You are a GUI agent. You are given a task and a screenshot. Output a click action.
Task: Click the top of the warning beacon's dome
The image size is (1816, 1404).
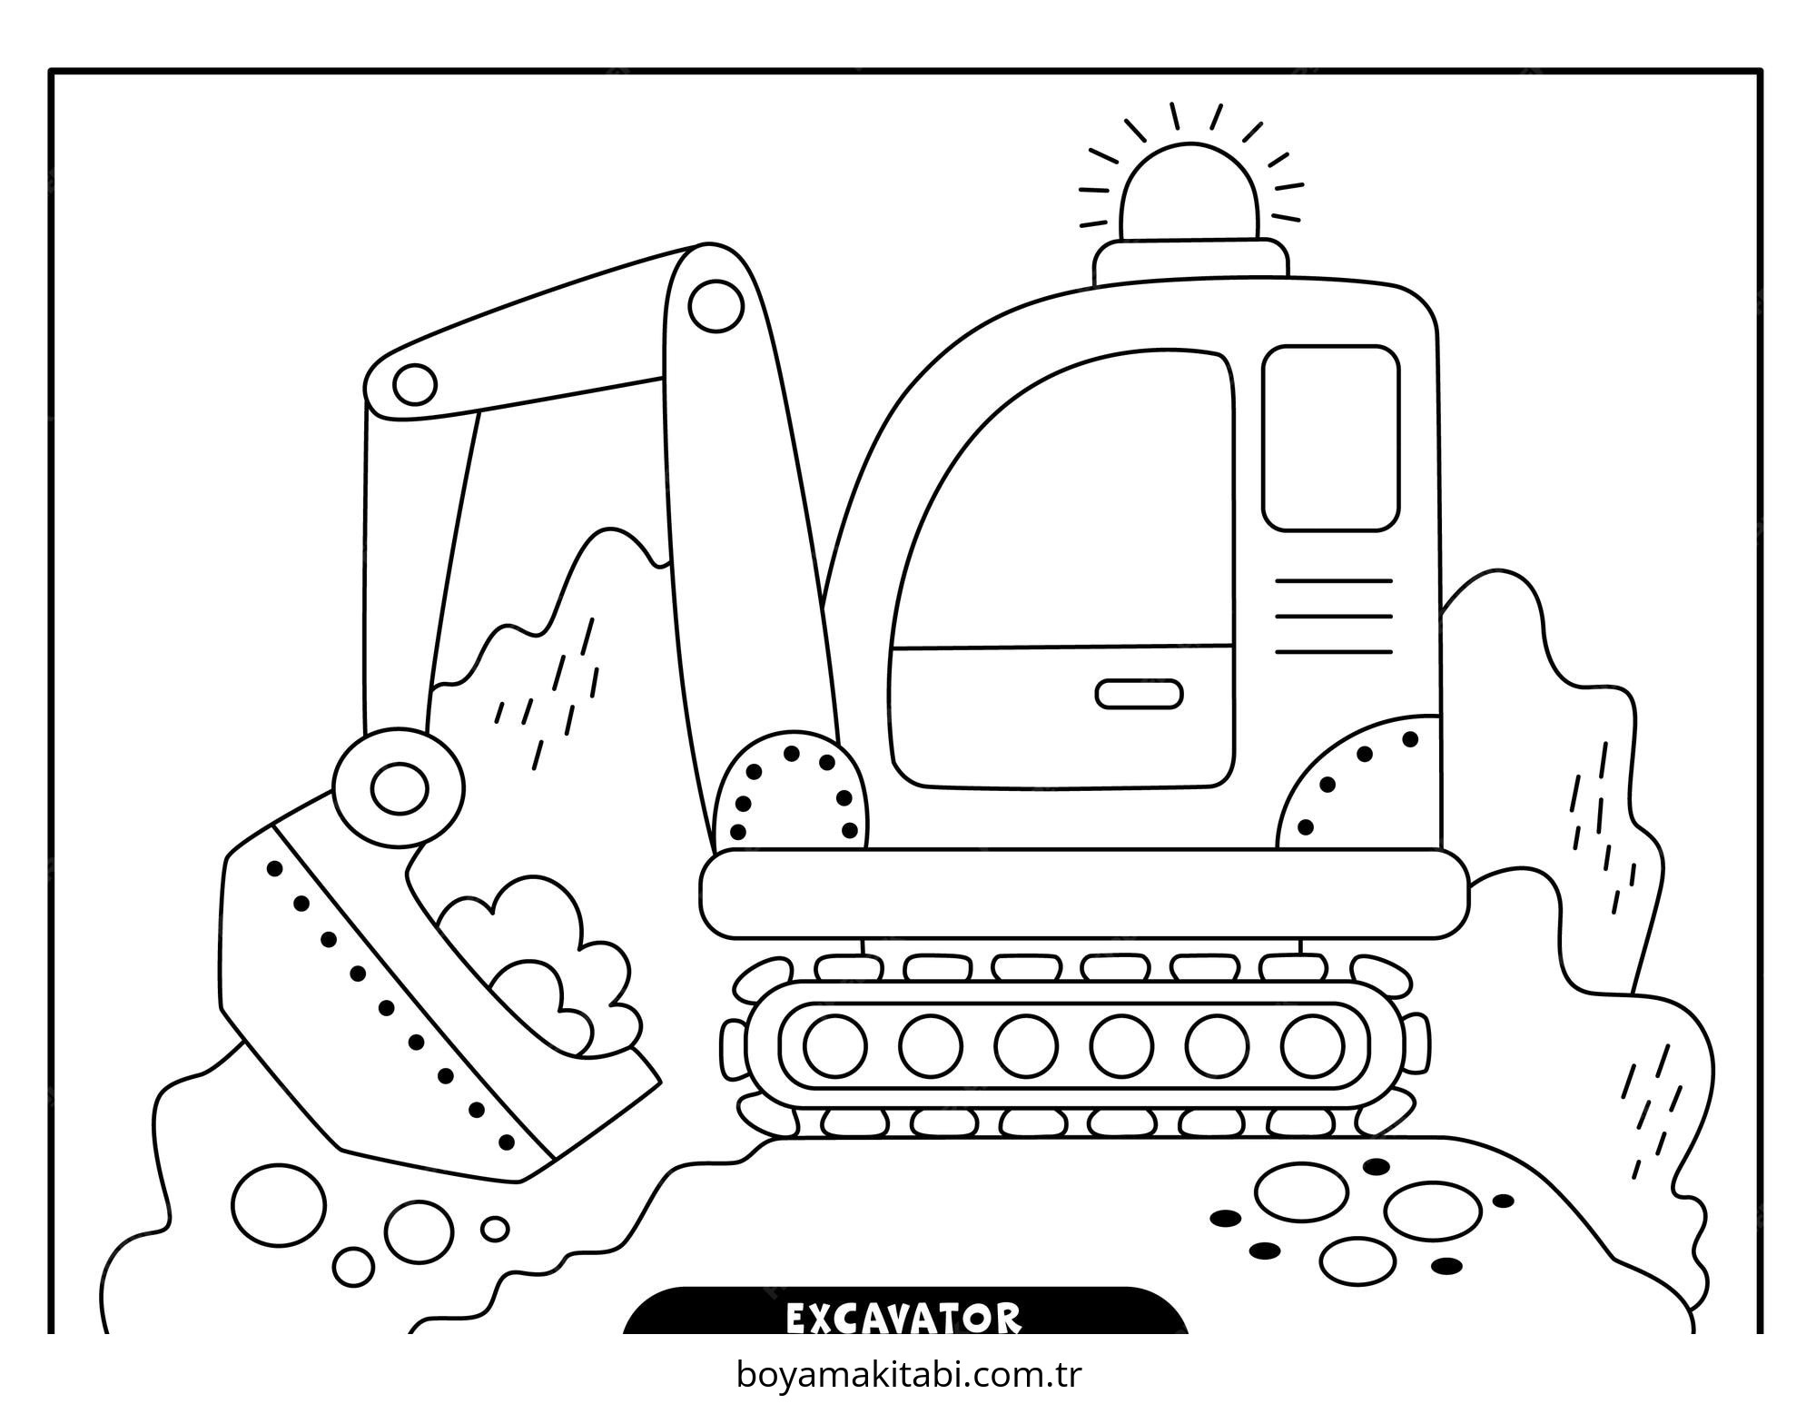click(1190, 145)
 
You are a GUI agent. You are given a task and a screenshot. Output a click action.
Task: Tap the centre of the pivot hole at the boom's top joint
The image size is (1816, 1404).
click(716, 306)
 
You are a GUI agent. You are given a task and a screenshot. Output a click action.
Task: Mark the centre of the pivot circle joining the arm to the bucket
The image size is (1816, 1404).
click(400, 788)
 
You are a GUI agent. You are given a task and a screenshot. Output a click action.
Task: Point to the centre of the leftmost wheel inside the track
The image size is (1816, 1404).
click(835, 1045)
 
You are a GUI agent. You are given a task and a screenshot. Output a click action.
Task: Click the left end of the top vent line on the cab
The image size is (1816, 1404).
click(1277, 580)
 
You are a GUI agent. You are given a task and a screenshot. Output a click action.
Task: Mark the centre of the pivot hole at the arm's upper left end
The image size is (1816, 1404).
click(415, 384)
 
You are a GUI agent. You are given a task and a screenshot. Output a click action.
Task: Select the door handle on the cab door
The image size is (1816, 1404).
click(1139, 694)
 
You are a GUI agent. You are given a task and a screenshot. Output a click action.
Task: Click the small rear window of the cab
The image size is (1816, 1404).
click(1331, 438)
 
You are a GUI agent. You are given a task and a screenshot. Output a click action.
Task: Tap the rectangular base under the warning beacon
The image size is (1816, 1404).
click(1190, 263)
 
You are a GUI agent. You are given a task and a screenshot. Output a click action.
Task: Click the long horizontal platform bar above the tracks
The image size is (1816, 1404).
click(1084, 894)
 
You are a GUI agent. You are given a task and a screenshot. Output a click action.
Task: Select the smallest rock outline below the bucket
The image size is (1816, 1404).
click(495, 1229)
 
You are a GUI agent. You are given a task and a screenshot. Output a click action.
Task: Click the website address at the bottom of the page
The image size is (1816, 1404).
click(909, 1375)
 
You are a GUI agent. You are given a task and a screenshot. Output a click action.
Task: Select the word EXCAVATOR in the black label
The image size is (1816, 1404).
click(903, 1319)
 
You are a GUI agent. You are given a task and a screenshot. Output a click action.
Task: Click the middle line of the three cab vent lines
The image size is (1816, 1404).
click(1334, 616)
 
